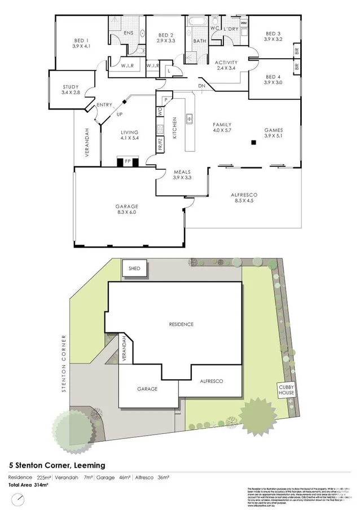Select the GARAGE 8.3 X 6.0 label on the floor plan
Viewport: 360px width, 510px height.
coord(128,210)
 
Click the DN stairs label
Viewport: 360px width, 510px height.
coord(202,86)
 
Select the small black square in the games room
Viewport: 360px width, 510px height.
coord(254,142)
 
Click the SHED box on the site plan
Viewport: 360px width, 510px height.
coord(135,269)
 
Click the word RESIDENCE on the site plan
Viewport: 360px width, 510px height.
coord(182,324)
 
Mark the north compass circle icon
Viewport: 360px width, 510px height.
coord(20,500)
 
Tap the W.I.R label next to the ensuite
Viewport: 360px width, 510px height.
coord(127,66)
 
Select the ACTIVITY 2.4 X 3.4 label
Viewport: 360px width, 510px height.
coord(227,66)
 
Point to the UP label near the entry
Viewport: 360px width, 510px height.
coord(119,115)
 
